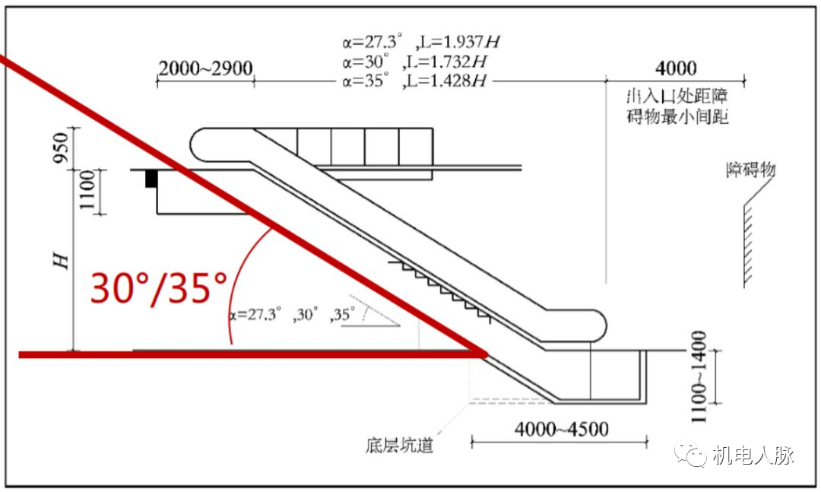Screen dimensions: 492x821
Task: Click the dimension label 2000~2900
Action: click(205, 68)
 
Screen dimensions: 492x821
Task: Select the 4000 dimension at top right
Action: click(675, 68)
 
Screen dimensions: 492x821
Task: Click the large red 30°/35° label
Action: click(159, 288)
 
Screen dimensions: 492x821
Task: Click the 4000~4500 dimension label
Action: click(561, 429)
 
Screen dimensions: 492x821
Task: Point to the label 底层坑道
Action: click(399, 444)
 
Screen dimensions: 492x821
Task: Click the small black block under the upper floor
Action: click(151, 179)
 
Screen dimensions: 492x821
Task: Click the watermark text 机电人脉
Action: click(753, 455)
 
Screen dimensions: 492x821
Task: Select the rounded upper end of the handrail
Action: click(204, 144)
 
